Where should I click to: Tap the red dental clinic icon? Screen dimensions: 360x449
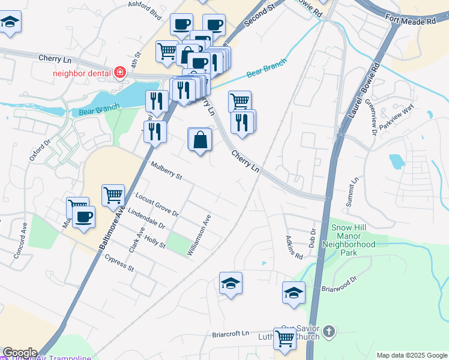pos(120,73)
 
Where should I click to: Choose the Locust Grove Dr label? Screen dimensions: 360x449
pos(157,204)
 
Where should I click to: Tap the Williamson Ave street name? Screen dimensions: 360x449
pos(199,236)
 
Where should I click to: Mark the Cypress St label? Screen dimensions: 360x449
pos(119,263)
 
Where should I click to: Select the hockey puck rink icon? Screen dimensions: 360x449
pos(294,293)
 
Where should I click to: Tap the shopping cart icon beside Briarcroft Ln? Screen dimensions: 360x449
pos(285,338)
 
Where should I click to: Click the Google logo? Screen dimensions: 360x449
pos(19,352)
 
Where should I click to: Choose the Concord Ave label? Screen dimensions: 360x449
pos(21,241)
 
